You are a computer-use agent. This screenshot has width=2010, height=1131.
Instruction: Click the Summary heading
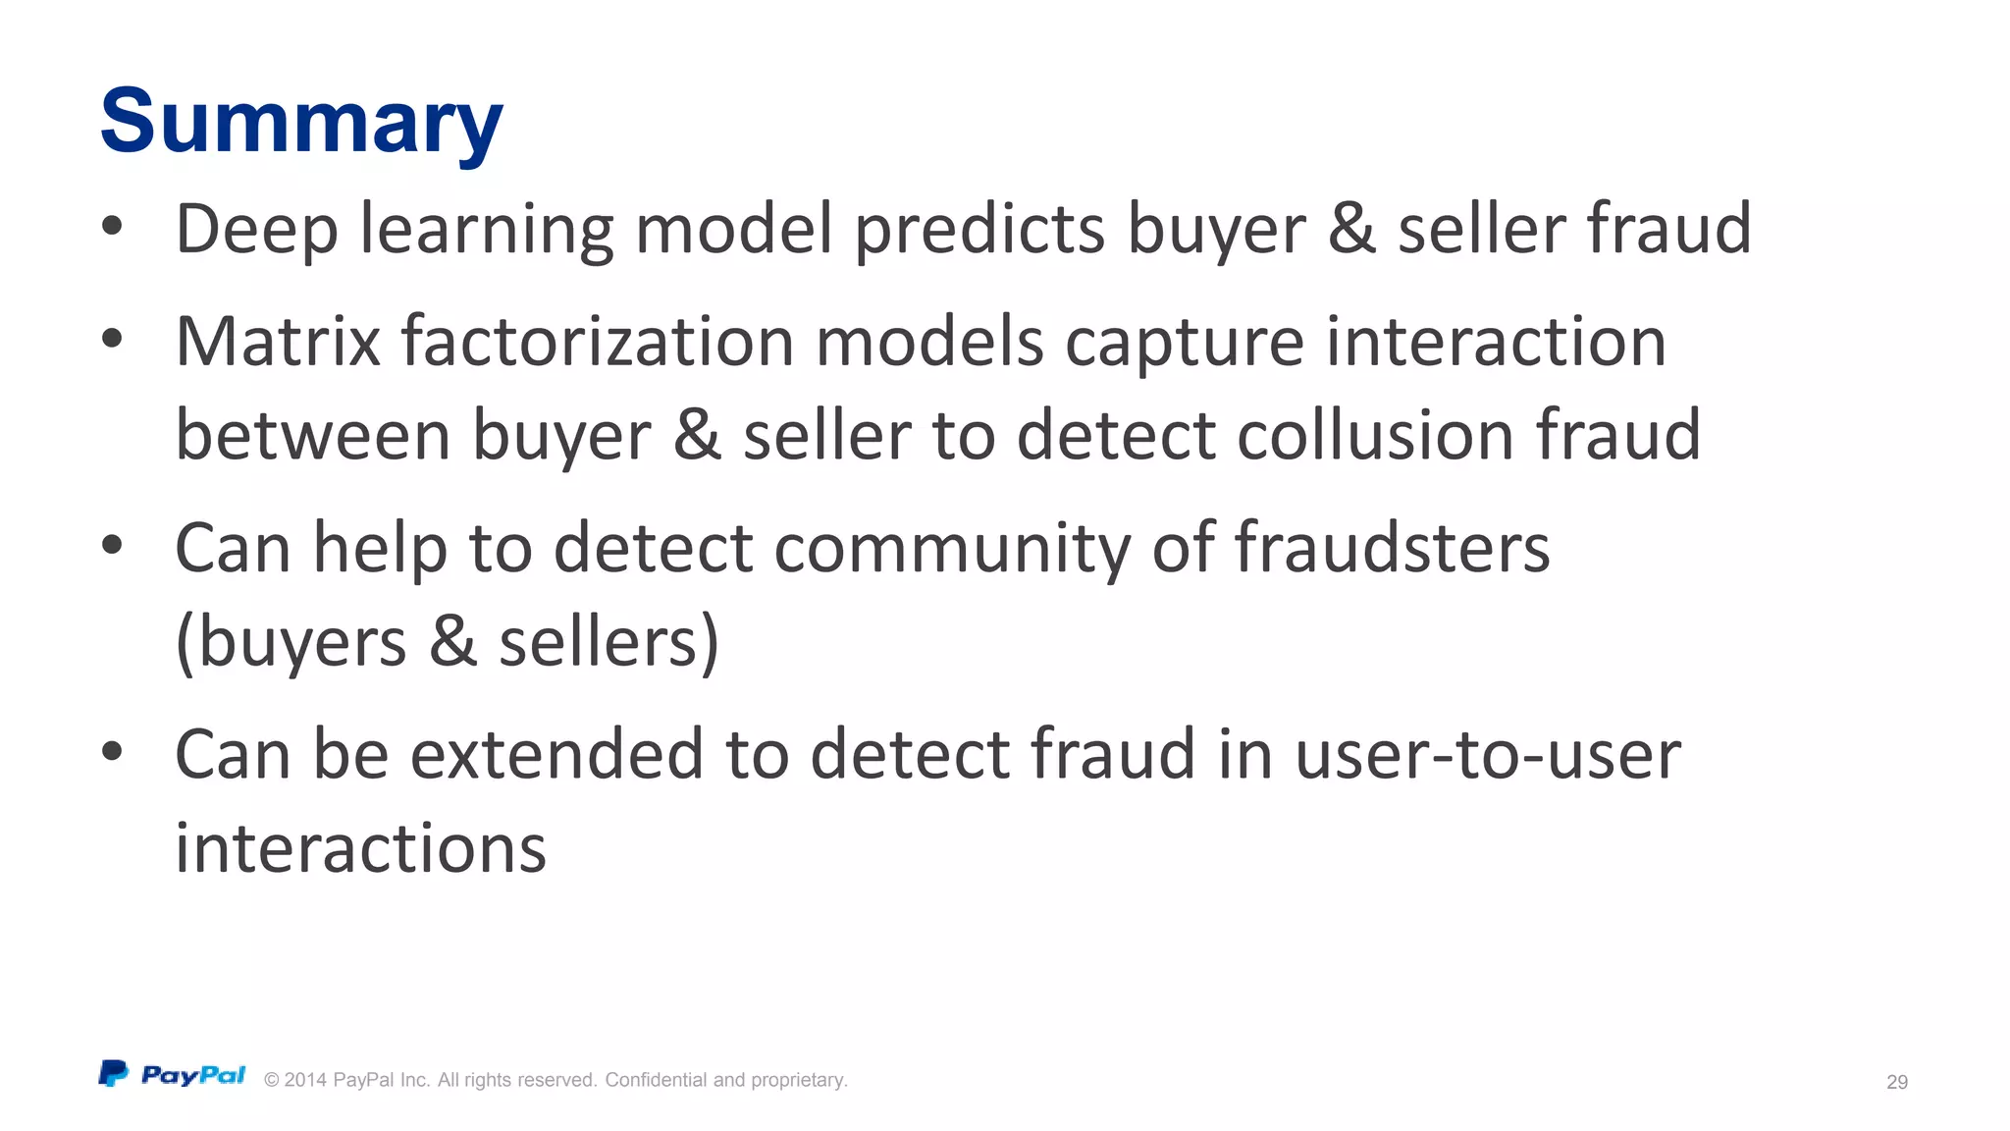301,122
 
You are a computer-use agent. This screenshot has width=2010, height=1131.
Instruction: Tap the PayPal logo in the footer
172,1075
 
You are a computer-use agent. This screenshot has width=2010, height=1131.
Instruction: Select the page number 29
1897,1082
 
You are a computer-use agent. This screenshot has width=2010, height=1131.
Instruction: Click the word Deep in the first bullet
256,229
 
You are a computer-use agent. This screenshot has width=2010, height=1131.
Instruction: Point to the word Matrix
278,342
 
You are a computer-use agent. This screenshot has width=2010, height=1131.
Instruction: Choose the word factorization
598,342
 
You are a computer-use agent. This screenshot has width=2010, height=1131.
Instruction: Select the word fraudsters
1392,548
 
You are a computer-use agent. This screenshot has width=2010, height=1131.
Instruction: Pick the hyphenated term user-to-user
1488,754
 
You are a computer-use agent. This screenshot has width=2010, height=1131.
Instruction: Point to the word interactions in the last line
360,848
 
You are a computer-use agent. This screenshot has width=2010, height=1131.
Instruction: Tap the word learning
487,229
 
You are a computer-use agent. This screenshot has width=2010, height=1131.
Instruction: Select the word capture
1185,342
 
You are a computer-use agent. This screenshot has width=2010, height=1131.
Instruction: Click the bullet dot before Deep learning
112,226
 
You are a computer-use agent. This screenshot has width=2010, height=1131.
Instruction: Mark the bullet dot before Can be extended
112,752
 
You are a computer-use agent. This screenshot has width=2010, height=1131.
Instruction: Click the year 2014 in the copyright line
305,1080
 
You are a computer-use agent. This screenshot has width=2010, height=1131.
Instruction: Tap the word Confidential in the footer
656,1080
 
